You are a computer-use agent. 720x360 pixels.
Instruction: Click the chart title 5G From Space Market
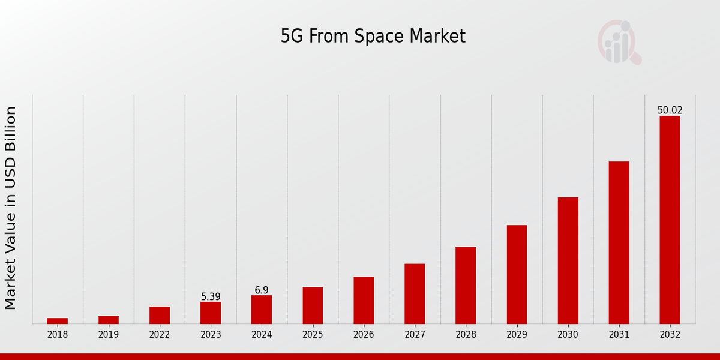[x=373, y=37]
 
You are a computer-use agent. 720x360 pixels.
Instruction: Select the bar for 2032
[x=670, y=220]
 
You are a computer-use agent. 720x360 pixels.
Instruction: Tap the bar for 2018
[x=58, y=321]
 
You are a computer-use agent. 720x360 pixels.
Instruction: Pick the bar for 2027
[x=415, y=294]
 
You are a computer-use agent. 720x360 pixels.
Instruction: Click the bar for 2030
[x=568, y=260]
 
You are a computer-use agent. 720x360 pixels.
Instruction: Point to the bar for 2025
[x=313, y=305]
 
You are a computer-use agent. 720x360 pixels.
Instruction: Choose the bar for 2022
[x=160, y=315]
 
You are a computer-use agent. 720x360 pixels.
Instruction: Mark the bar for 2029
[x=517, y=274]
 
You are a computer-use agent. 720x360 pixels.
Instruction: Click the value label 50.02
[x=670, y=110]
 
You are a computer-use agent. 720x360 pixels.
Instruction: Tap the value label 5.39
[x=211, y=297]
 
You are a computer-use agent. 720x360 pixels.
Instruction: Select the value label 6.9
[x=262, y=290]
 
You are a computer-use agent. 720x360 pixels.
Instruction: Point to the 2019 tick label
[x=109, y=335]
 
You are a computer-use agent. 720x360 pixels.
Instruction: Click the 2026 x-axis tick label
[x=364, y=335]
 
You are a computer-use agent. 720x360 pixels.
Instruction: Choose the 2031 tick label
[x=619, y=335]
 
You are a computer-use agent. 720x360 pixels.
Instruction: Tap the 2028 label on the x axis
[x=466, y=335]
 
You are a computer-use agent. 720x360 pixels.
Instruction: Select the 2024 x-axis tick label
[x=262, y=335]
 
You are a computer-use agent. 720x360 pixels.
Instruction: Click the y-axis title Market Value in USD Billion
[x=11, y=208]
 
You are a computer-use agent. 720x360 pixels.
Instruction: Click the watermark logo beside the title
[x=619, y=42]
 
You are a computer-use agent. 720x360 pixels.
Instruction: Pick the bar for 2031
[x=619, y=242]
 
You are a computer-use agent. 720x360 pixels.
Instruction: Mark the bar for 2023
[x=211, y=313]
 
